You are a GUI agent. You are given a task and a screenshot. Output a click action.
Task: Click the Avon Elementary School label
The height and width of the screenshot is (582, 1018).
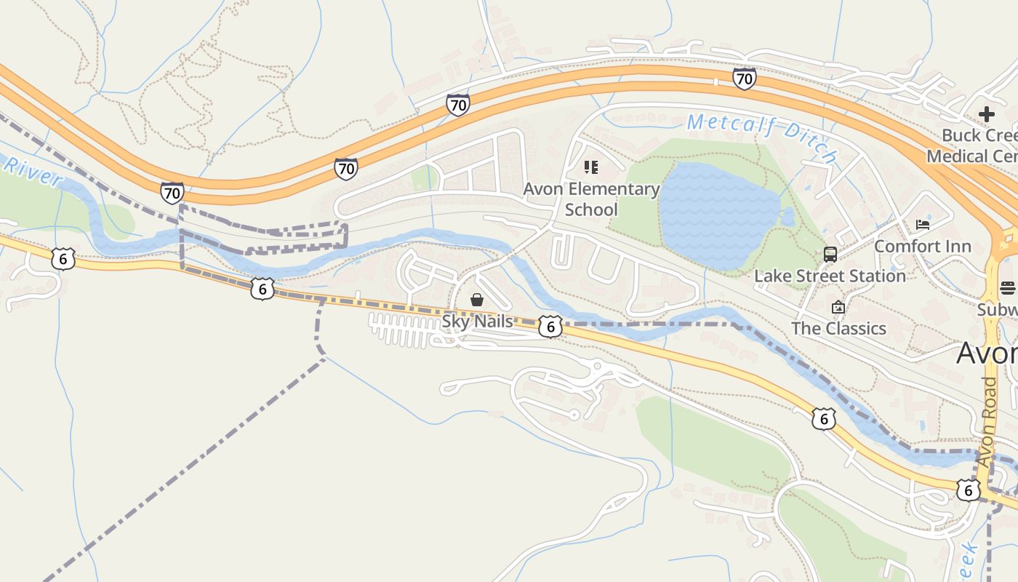(591, 199)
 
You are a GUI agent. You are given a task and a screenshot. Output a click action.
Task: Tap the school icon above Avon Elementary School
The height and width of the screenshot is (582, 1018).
(591, 168)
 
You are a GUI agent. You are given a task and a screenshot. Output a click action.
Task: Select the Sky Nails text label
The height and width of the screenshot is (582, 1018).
(477, 321)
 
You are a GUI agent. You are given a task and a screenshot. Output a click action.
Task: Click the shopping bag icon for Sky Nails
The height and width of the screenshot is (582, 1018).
(477, 300)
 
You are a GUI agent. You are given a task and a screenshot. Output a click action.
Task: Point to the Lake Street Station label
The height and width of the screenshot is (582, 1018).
(830, 276)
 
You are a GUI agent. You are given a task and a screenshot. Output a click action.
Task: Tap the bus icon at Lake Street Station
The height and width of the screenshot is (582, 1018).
(830, 255)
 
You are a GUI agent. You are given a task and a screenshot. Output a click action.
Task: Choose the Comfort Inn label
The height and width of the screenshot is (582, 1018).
(922, 247)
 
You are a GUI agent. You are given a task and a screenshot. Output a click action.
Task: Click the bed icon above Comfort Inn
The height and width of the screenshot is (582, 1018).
(923, 225)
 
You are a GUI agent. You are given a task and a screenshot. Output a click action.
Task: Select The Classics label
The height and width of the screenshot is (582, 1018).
(838, 328)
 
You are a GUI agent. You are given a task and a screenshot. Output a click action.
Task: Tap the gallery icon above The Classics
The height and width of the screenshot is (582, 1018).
(838, 307)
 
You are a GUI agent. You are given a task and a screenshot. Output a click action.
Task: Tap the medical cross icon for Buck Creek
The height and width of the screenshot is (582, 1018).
(987, 114)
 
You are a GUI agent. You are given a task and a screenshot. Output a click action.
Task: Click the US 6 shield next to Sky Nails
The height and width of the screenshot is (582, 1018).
(550, 327)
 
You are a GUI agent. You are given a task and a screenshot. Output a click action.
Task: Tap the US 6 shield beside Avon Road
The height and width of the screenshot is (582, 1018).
(968, 490)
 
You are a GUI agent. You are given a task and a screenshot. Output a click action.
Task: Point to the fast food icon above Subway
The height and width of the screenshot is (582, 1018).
(1008, 288)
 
